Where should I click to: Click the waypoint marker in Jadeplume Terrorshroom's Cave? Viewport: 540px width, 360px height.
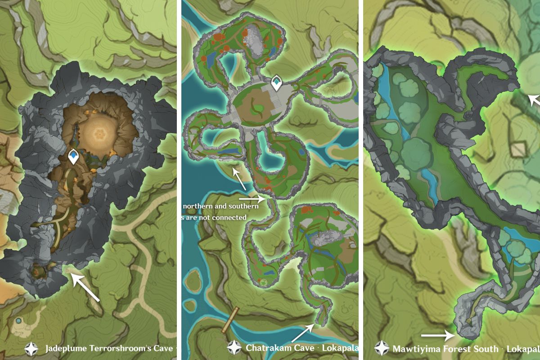tap(73, 157)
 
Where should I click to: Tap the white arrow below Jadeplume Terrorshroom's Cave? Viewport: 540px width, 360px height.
tap(85, 288)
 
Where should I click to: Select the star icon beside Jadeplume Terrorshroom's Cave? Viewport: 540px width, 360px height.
tap(31, 348)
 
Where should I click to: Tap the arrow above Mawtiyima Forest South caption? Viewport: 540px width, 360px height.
tap(438, 335)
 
